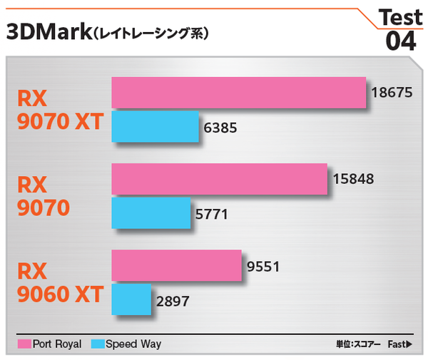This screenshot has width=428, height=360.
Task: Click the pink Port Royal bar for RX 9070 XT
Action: coord(239,93)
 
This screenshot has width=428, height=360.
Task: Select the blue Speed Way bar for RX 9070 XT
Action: coord(155,128)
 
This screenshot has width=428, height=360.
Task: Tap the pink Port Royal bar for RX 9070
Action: coord(219,180)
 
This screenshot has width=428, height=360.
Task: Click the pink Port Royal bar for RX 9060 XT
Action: coord(177,266)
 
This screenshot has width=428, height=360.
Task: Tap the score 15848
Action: coord(353,180)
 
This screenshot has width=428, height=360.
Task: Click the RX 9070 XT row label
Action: coord(60,110)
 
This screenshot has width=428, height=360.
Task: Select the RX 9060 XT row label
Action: coord(60,282)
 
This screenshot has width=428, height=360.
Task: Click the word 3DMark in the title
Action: coord(48,32)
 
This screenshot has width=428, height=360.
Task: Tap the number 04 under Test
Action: coord(400,41)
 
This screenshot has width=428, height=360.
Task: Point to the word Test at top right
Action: coord(400,16)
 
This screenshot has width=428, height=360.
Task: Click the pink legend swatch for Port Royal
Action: coord(24,344)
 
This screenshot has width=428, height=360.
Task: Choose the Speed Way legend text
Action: coord(133,344)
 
